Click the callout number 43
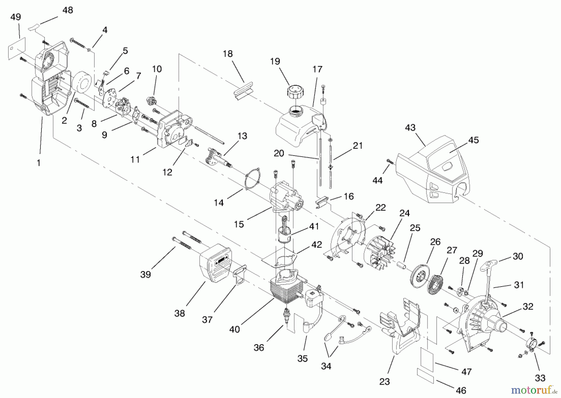pyautogui.click(x=410, y=128)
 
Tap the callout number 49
pyautogui.click(x=16, y=17)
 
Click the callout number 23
pyautogui.click(x=385, y=382)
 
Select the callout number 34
pyautogui.click(x=326, y=366)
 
